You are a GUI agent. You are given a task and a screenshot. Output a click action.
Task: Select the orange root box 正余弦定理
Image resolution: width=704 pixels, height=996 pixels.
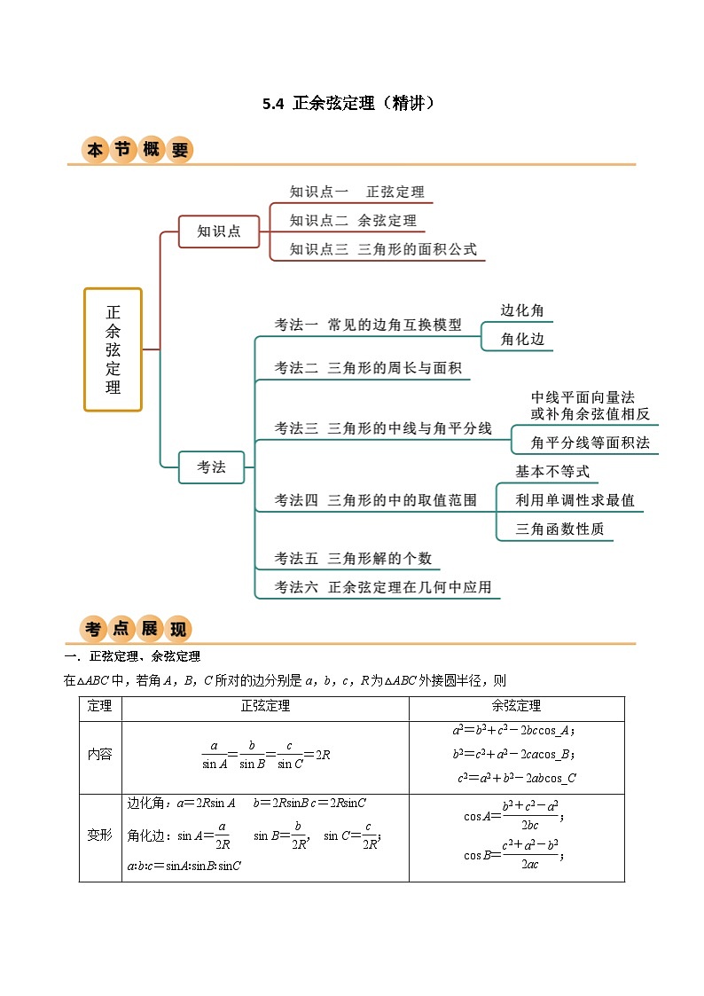(x=113, y=349)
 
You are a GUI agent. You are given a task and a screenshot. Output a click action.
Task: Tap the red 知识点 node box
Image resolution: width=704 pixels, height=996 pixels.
(x=219, y=231)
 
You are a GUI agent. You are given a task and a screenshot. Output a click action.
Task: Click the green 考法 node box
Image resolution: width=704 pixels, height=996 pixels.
(x=211, y=467)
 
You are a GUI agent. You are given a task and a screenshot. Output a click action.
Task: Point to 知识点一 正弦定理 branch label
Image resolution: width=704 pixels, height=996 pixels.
(x=356, y=192)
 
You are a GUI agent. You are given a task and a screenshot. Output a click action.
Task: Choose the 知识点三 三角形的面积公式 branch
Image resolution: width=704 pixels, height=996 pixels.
(x=383, y=249)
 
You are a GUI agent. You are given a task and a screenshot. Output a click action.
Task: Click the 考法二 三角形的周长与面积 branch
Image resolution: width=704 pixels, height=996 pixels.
(x=367, y=368)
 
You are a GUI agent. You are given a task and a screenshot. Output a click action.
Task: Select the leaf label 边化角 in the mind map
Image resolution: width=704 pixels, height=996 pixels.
(x=522, y=310)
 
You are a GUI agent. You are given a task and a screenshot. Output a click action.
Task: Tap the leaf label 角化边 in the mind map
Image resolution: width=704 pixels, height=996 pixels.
(x=522, y=339)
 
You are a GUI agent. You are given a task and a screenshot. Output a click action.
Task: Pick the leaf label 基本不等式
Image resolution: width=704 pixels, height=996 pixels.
(x=552, y=472)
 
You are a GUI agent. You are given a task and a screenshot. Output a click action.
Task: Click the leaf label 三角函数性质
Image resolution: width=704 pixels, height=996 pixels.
(x=559, y=529)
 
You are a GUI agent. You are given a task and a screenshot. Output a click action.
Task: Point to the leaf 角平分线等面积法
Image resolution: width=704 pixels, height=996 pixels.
(x=590, y=442)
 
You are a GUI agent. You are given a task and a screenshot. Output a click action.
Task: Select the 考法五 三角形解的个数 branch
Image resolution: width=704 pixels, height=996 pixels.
(x=353, y=559)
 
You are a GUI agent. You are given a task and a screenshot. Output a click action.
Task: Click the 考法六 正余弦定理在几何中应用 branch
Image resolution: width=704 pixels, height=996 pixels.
(x=382, y=587)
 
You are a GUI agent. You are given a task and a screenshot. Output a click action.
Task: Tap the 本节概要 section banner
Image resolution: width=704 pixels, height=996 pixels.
(x=137, y=150)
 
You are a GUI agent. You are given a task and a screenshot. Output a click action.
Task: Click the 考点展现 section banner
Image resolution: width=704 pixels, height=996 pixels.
(x=136, y=629)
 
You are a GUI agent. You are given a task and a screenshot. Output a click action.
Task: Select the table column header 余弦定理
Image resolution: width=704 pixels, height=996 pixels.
(x=516, y=707)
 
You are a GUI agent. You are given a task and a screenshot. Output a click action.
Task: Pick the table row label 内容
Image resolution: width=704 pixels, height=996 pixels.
(x=100, y=754)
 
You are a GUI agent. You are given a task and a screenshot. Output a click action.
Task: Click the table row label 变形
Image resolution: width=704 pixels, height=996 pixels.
(x=100, y=835)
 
